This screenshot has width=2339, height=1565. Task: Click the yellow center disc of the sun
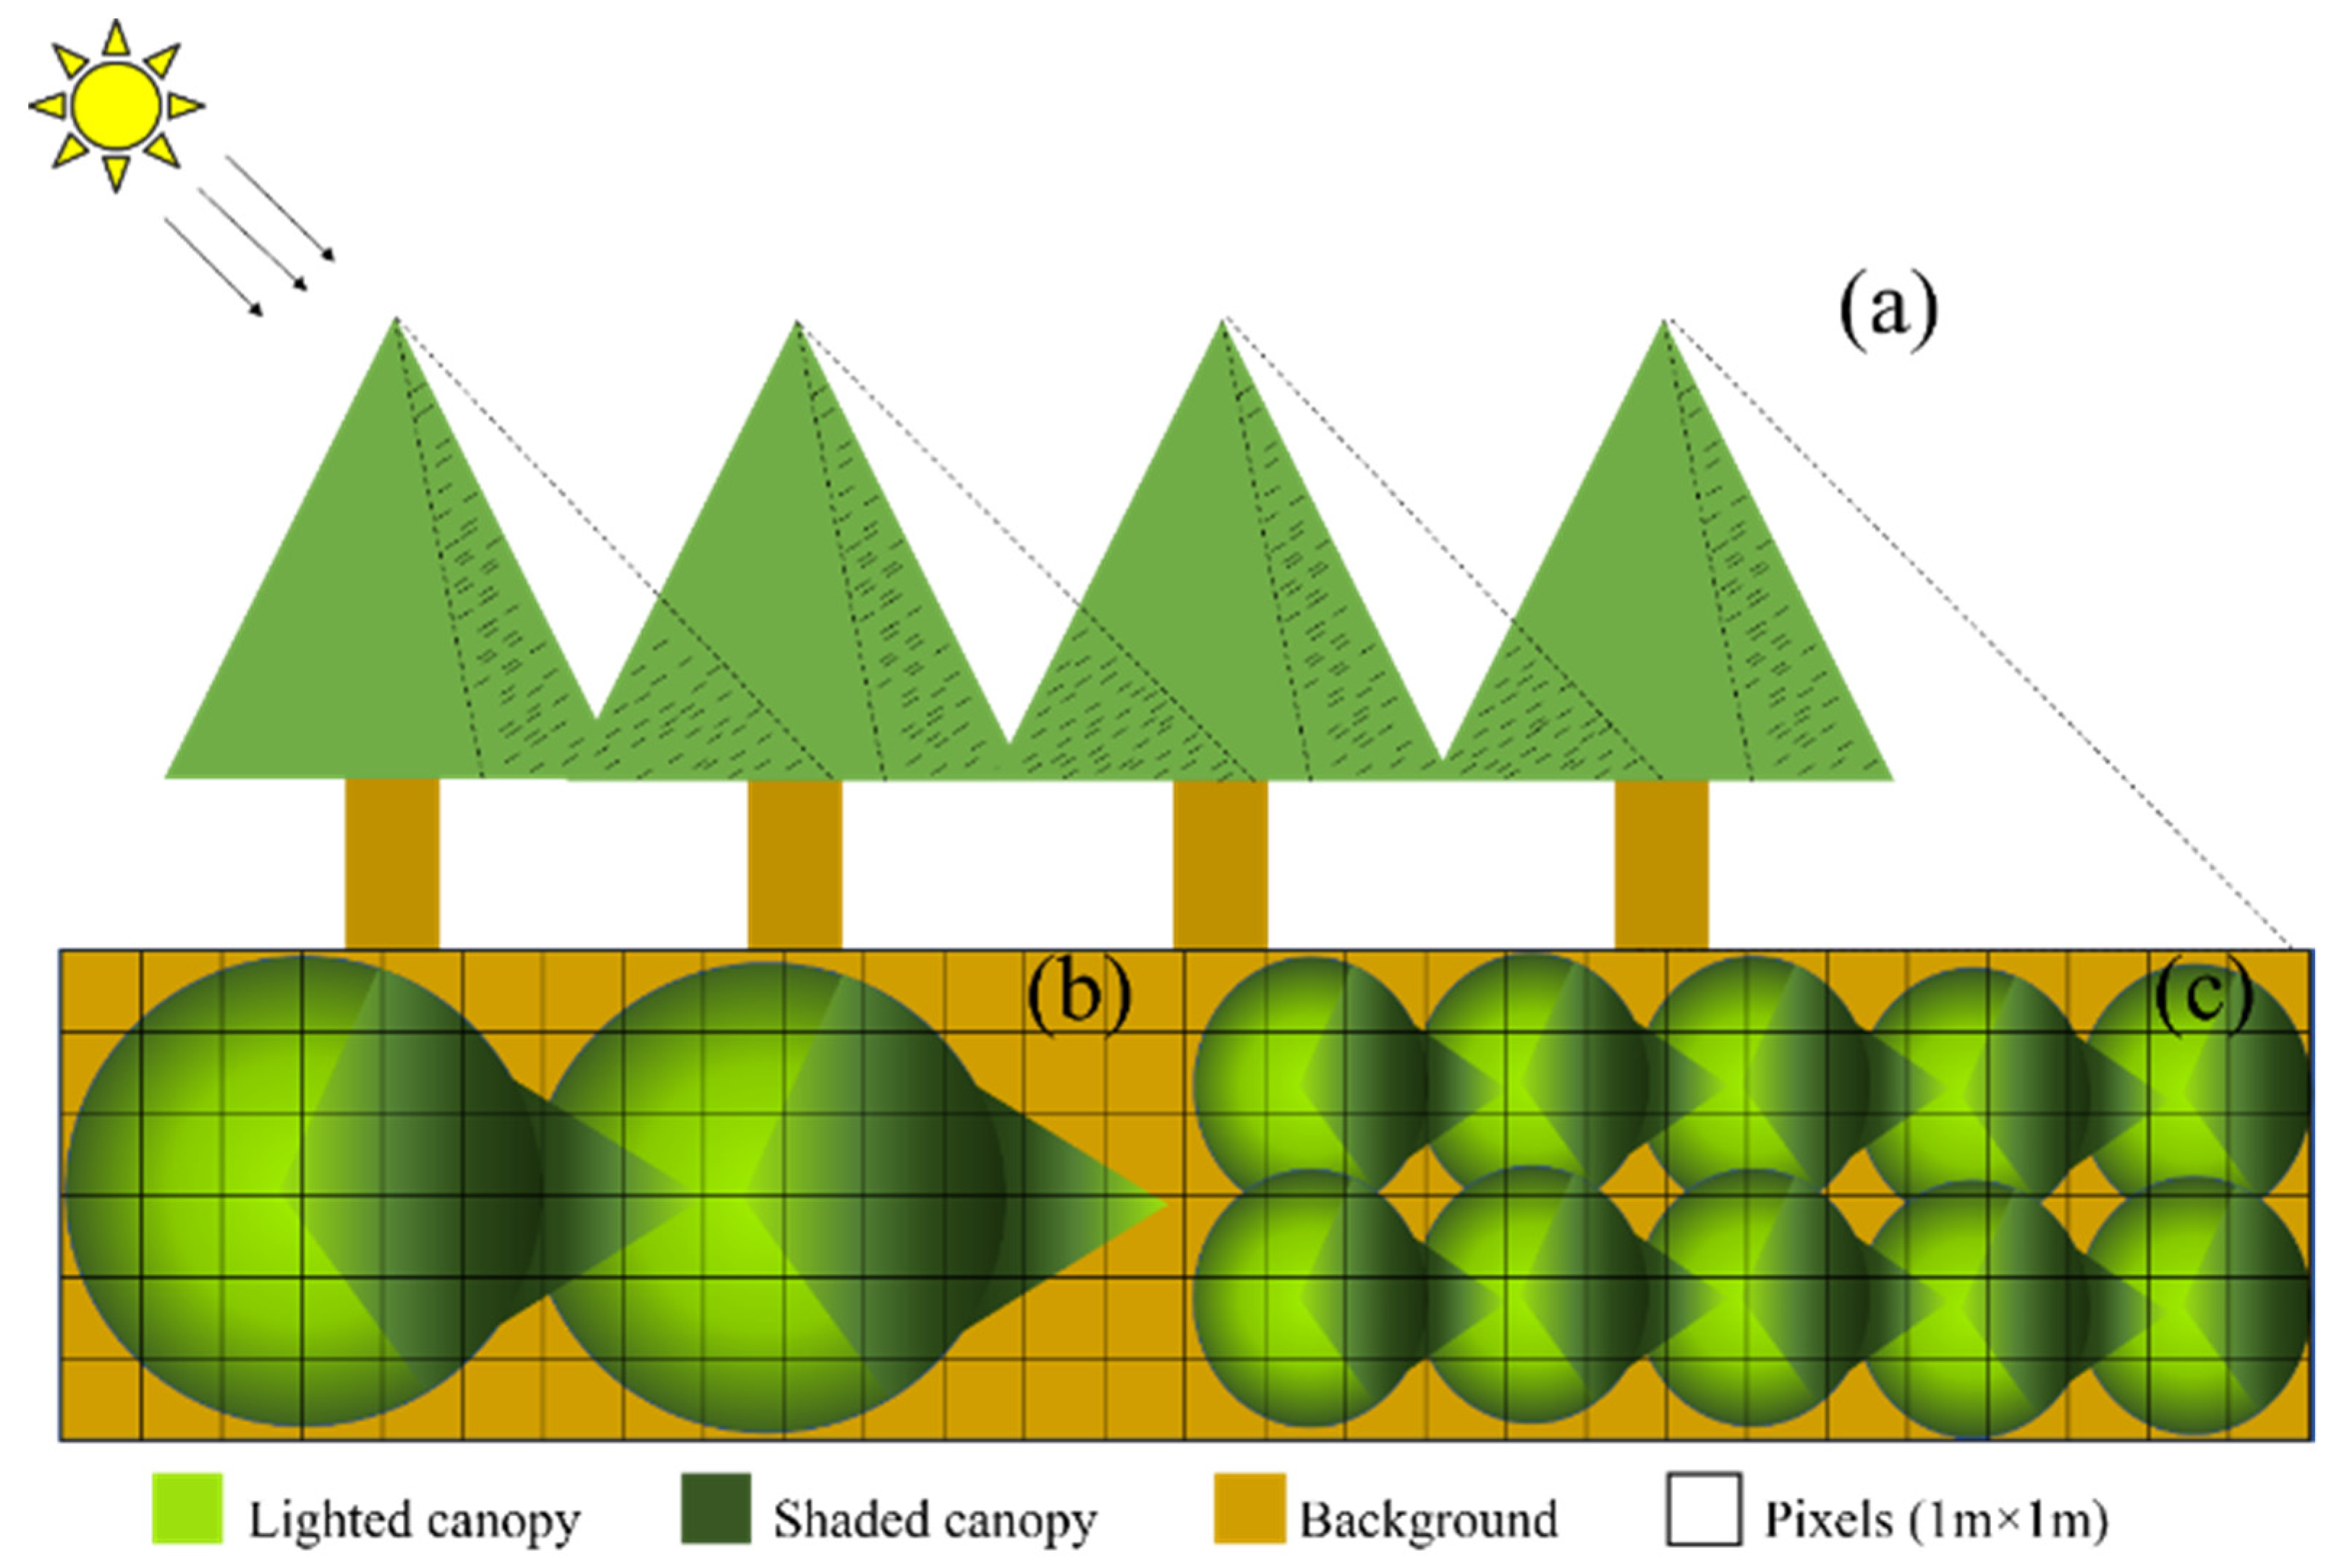pyautogui.click(x=116, y=106)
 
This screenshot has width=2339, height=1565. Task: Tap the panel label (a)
pyautogui.click(x=1887, y=312)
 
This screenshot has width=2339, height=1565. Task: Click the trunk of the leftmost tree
pyautogui.click(x=391, y=863)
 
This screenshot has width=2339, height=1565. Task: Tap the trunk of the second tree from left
pyautogui.click(x=794, y=863)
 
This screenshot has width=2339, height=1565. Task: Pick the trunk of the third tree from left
pyautogui.click(x=1220, y=863)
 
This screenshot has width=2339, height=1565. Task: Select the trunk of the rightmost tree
pyautogui.click(x=1661, y=863)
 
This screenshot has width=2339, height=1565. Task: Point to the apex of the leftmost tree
pyautogui.click(x=396, y=321)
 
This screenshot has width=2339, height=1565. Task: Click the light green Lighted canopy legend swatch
pyautogui.click(x=187, y=1508)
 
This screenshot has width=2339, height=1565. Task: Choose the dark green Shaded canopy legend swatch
pyautogui.click(x=715, y=1508)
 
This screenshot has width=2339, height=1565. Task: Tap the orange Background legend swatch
pyautogui.click(x=1249, y=1508)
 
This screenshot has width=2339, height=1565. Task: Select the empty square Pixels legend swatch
pyautogui.click(x=1703, y=1508)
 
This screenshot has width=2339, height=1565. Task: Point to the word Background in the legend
pyautogui.click(x=1427, y=1520)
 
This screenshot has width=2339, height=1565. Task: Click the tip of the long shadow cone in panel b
pyautogui.click(x=1163, y=1205)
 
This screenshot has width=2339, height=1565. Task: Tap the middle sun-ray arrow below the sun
pyautogui.click(x=252, y=237)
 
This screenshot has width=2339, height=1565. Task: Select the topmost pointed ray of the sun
pyautogui.click(x=116, y=37)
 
